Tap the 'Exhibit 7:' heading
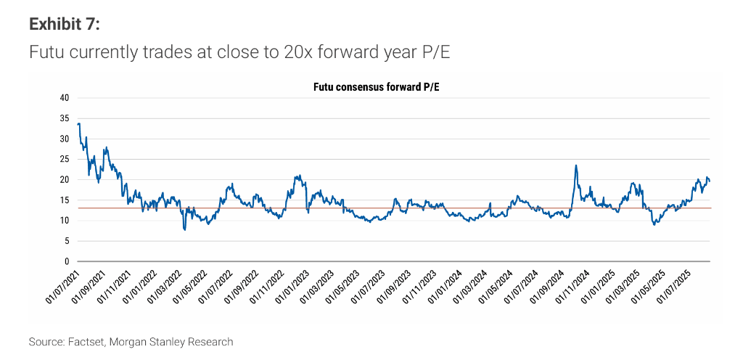64,25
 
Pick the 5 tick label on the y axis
66,241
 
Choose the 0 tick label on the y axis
66,261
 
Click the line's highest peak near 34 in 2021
78,124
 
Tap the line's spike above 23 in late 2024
576,165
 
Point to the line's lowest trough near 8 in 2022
185,229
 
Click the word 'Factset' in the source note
85,341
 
